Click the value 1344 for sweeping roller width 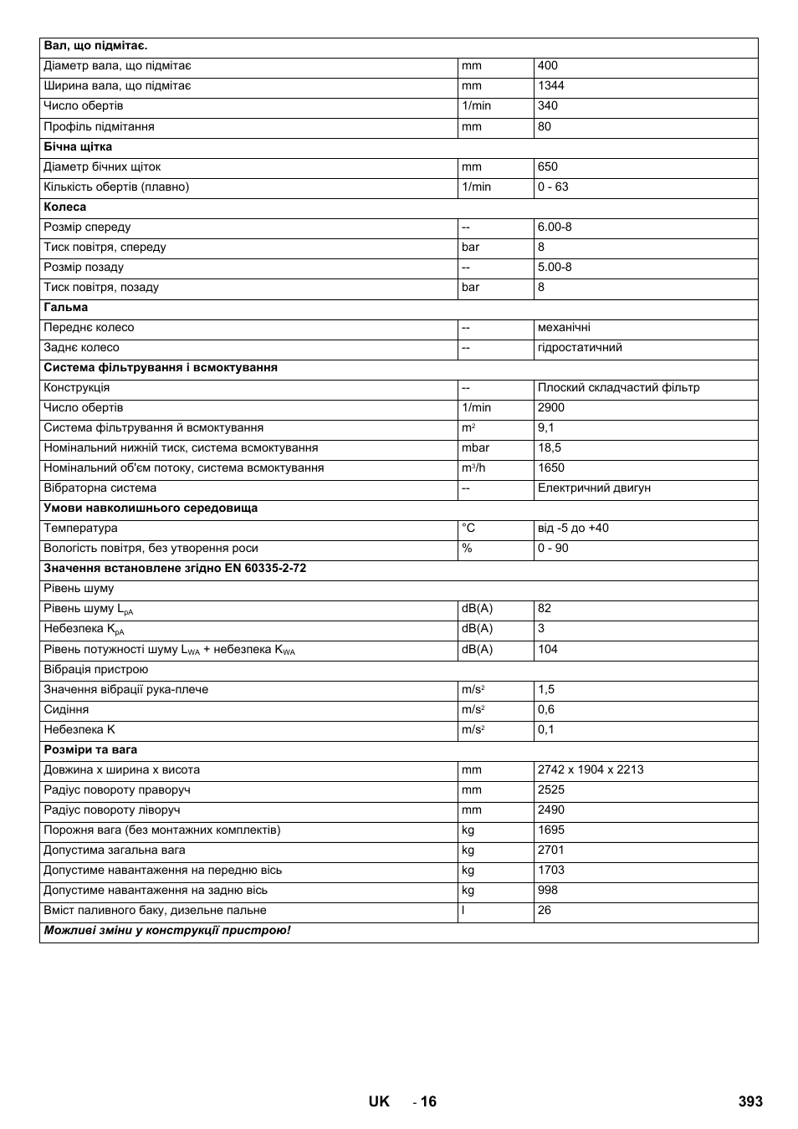point(550,85)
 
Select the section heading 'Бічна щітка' point(78,146)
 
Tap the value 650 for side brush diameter point(547,166)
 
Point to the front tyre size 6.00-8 point(555,227)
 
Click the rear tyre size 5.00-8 point(555,267)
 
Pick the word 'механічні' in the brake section point(564,327)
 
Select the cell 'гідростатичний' point(580,347)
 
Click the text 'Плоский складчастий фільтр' point(618,387)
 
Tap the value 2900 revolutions point(550,407)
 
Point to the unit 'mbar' point(475,447)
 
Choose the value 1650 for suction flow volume point(550,467)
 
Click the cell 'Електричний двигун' point(594,488)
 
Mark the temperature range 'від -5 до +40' point(573,528)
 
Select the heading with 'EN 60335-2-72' point(175,568)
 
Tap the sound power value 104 point(547,649)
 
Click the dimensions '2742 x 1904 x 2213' point(591,769)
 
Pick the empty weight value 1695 point(550,830)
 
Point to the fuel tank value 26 point(544,910)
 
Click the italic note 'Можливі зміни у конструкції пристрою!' point(167,930)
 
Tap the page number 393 point(750,1101)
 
